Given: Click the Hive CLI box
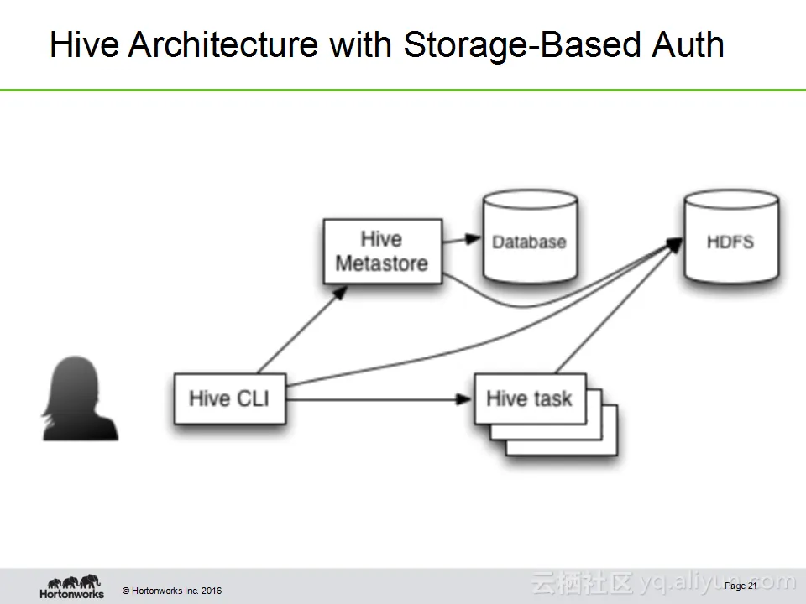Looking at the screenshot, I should coord(229,398).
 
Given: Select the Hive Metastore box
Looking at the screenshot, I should coord(382,251).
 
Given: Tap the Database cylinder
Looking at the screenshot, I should coord(529,241).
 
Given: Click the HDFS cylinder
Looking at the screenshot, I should coord(730,241).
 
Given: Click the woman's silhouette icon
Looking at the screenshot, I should coord(80,398).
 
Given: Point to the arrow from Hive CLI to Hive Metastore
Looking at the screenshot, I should coord(301,331).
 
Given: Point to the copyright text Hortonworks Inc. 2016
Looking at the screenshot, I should coord(173,591).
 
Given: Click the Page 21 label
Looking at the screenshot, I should coord(741,585).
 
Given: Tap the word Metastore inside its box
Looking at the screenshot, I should coord(382,263).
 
